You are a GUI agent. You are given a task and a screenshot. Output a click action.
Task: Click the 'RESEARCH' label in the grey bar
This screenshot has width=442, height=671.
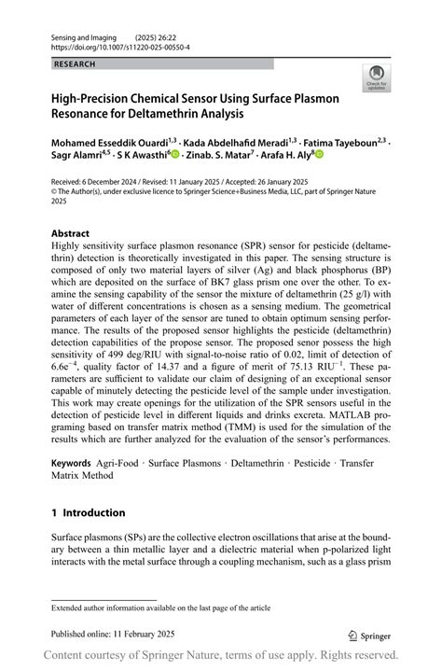tap(75, 64)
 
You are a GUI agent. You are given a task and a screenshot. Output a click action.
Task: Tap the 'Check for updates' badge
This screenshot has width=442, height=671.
tap(377, 77)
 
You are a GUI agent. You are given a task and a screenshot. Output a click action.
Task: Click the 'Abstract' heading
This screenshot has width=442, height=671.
tap(71, 233)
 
